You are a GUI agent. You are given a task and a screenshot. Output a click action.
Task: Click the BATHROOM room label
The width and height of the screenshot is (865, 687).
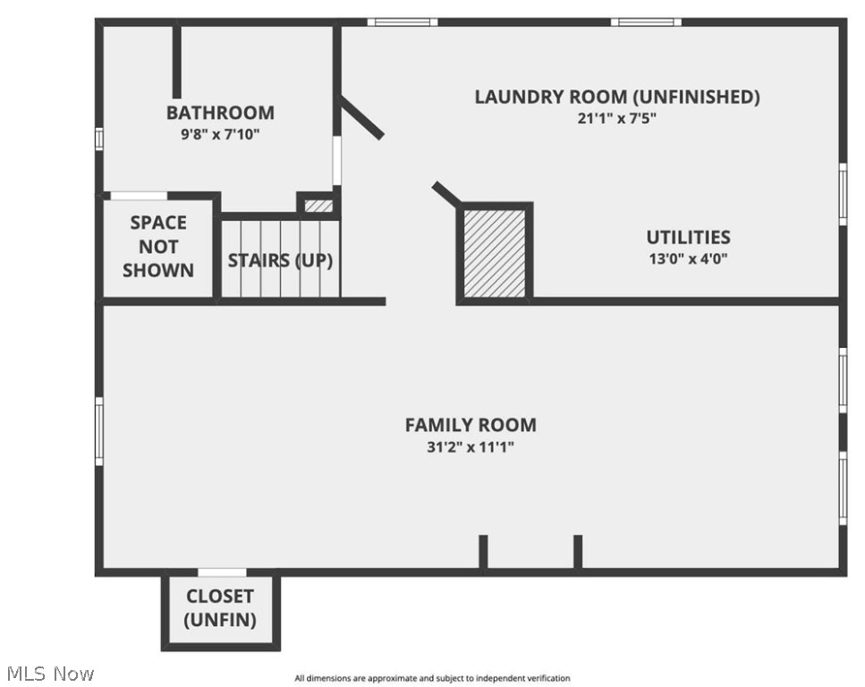coord(220,113)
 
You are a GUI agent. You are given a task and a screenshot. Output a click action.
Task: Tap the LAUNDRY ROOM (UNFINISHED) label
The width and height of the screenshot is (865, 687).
coord(617,97)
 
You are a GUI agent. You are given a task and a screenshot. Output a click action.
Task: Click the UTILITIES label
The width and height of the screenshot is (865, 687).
coord(688,237)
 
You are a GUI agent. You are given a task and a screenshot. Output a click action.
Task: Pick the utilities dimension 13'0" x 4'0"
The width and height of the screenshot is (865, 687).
coord(688,259)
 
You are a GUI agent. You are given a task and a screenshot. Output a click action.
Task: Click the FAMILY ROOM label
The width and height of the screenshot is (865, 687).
coord(471,425)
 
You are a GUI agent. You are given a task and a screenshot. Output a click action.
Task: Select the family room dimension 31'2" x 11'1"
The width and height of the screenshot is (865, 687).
coord(471,446)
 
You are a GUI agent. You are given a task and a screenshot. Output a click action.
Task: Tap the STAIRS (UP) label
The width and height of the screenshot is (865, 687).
coord(280,260)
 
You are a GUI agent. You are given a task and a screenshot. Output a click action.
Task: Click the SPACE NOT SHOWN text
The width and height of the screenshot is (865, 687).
coord(158,246)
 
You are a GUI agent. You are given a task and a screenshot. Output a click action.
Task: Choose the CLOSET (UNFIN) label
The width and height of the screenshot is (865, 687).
coord(220,607)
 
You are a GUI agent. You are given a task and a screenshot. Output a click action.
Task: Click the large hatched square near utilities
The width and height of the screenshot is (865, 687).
coord(495,253)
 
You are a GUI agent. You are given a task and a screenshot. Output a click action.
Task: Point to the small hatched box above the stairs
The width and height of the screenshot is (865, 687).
coord(318,206)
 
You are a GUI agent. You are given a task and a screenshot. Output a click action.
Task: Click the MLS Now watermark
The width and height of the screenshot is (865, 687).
coord(50,673)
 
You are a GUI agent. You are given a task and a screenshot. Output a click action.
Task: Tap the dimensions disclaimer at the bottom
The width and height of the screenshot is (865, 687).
coord(432,679)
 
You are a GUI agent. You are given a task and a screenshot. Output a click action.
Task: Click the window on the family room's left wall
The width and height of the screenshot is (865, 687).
coord(99,430)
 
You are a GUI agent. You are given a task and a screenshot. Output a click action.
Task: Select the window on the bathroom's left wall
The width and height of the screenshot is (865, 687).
coord(99,139)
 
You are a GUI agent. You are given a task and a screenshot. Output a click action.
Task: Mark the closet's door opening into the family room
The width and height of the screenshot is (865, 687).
coord(222,572)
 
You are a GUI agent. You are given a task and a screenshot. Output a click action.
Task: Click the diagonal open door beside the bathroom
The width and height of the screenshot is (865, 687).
coord(361,119)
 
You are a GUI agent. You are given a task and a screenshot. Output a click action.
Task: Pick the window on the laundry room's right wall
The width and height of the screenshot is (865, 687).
coord(843,193)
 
